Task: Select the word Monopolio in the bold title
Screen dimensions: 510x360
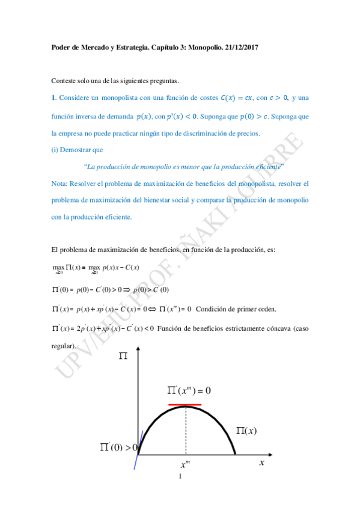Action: (x=199, y=48)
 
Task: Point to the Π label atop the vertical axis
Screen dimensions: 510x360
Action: (x=123, y=357)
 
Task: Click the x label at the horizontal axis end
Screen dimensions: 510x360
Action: (x=262, y=462)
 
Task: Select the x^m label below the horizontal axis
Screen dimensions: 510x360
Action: (x=185, y=465)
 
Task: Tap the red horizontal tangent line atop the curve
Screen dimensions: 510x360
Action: (x=185, y=405)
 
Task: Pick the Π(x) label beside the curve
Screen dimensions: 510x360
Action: (x=247, y=431)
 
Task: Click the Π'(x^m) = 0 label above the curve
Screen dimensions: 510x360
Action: (x=189, y=390)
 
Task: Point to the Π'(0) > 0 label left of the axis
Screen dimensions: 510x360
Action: (x=118, y=447)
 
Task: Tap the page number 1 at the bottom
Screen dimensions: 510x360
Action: (x=180, y=478)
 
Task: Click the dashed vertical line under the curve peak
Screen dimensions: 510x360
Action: (x=186, y=430)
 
